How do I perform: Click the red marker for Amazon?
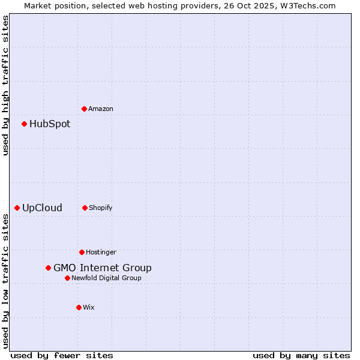click(84, 109)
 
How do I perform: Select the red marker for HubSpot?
click(24, 124)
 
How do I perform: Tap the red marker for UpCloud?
click(17, 208)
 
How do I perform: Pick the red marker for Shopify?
click(85, 208)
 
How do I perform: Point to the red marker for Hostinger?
click(82, 252)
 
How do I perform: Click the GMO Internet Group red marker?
click(48, 268)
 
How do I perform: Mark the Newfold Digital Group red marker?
click(67, 278)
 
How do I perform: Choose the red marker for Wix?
click(79, 307)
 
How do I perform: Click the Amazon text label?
click(101, 109)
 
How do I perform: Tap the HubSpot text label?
click(50, 124)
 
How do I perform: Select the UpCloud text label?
click(42, 208)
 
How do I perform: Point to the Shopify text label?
click(101, 208)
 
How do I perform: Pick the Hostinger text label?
click(101, 252)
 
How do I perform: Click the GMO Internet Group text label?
click(103, 268)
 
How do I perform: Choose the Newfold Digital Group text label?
click(106, 278)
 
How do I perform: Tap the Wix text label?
click(89, 307)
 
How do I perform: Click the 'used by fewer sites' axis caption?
click(62, 355)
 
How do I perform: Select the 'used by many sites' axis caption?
click(301, 355)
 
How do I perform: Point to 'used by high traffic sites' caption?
click(5, 85)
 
